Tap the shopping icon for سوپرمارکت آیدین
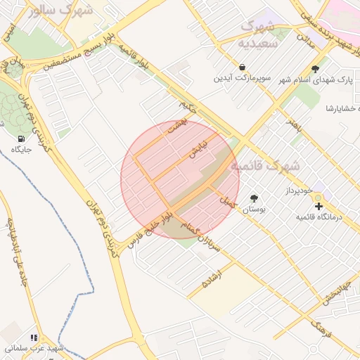242,67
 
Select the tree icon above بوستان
254,198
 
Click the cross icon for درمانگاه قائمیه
319,206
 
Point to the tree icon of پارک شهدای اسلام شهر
315,68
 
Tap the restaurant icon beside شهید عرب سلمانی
34,337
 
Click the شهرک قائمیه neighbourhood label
264,167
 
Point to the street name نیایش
197,148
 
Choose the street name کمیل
226,202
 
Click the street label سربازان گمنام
200,237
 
